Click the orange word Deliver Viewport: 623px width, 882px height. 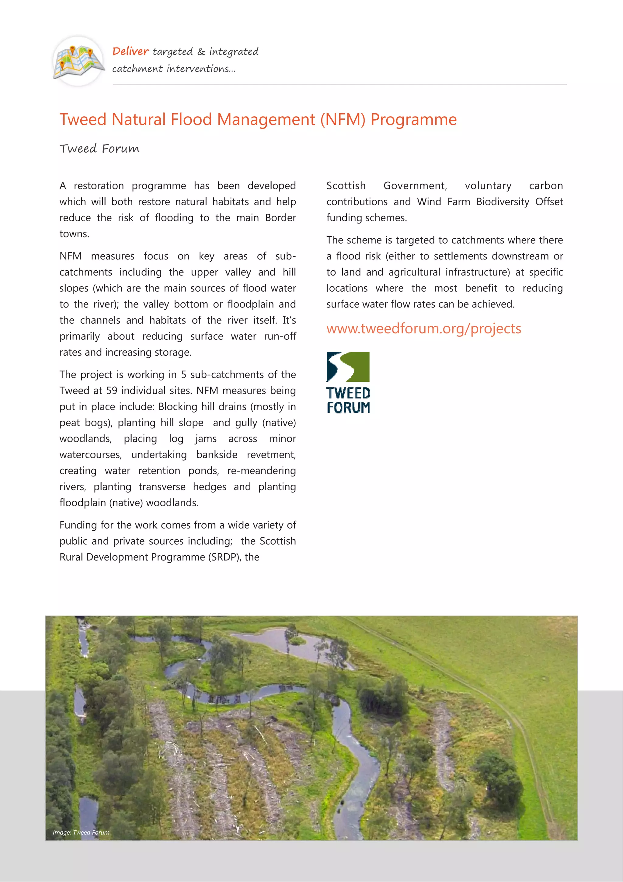pos(130,51)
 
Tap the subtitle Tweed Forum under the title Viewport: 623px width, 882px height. pos(99,149)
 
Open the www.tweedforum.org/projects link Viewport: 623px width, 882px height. pos(423,329)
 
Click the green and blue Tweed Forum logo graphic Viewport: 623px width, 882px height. pos(348,367)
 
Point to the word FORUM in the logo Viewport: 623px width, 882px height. pos(348,408)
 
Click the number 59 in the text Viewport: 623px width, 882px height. pos(112,391)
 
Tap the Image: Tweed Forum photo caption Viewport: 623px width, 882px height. pos(81,832)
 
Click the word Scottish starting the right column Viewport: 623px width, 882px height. pos(346,186)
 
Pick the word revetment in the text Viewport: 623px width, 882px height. pos(271,455)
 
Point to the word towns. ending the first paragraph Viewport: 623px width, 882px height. pos(74,234)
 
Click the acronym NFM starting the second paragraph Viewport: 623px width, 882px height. pos(70,256)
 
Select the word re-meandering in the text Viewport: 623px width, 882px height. pos(261,471)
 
